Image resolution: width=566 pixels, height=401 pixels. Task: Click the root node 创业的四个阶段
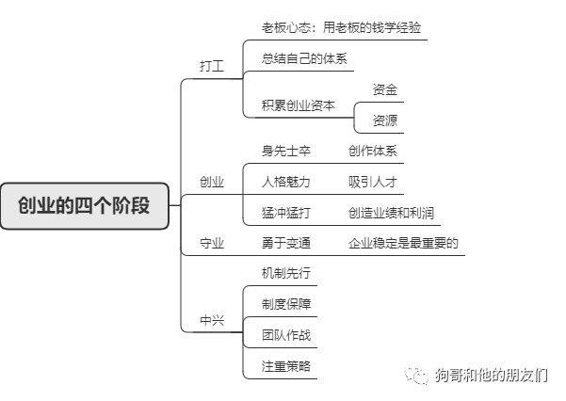tap(85, 205)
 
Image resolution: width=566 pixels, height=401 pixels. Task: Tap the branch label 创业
tap(212, 182)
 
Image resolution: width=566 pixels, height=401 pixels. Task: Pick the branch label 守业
tap(212, 243)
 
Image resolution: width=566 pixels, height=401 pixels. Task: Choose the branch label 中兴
tap(212, 320)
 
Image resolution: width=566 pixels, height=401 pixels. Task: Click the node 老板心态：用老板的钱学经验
tap(336, 27)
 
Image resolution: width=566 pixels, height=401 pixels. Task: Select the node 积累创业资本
tap(298, 105)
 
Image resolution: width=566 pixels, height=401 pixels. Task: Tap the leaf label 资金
tap(384, 89)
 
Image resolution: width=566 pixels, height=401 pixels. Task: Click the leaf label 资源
tap(384, 120)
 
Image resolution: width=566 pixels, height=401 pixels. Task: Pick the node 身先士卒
tap(286, 151)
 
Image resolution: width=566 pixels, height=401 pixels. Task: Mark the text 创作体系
tap(372, 151)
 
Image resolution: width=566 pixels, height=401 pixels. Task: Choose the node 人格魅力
tap(286, 182)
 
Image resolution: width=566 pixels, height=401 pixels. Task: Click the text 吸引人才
tap(372, 182)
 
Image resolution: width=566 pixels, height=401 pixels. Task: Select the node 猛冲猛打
tap(286, 213)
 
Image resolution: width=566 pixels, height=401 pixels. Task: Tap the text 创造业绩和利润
tap(391, 213)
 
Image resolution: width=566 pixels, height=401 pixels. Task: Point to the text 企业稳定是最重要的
tap(403, 243)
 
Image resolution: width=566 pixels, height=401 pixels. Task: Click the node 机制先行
tap(286, 273)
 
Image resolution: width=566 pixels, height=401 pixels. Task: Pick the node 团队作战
tap(286, 334)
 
